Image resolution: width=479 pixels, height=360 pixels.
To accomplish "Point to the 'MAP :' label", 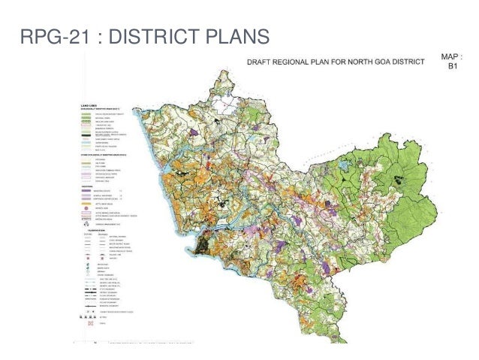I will click(452, 56).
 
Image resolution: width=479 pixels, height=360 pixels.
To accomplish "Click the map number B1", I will click(452, 66).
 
